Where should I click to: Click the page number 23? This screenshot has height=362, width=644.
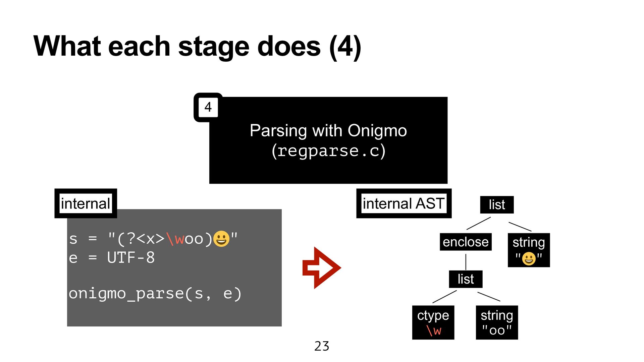tap(322, 346)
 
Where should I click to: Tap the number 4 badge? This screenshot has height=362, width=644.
tap(208, 107)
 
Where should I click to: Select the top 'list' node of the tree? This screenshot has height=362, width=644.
tap(496, 204)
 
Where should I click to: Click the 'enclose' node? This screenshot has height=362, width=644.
tap(466, 242)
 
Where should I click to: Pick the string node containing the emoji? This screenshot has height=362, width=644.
tap(529, 250)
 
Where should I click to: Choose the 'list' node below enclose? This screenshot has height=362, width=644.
tap(466, 279)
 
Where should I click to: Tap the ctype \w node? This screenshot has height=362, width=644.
tap(433, 322)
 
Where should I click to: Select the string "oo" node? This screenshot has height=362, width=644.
tap(497, 322)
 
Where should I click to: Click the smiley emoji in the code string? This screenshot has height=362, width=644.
tap(221, 239)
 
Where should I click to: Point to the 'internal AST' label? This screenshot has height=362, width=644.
tap(404, 203)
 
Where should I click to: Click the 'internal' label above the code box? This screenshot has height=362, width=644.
tap(86, 203)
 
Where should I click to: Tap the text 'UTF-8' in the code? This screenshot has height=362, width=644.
tap(131, 258)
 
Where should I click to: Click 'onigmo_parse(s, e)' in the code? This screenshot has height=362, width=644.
tap(155, 294)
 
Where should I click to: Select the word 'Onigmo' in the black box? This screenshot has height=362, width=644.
tap(377, 131)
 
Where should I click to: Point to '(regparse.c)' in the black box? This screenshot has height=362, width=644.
tap(328, 151)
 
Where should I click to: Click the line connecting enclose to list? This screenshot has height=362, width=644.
tap(466, 261)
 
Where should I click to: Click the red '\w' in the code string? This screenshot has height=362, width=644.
tap(175, 239)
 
